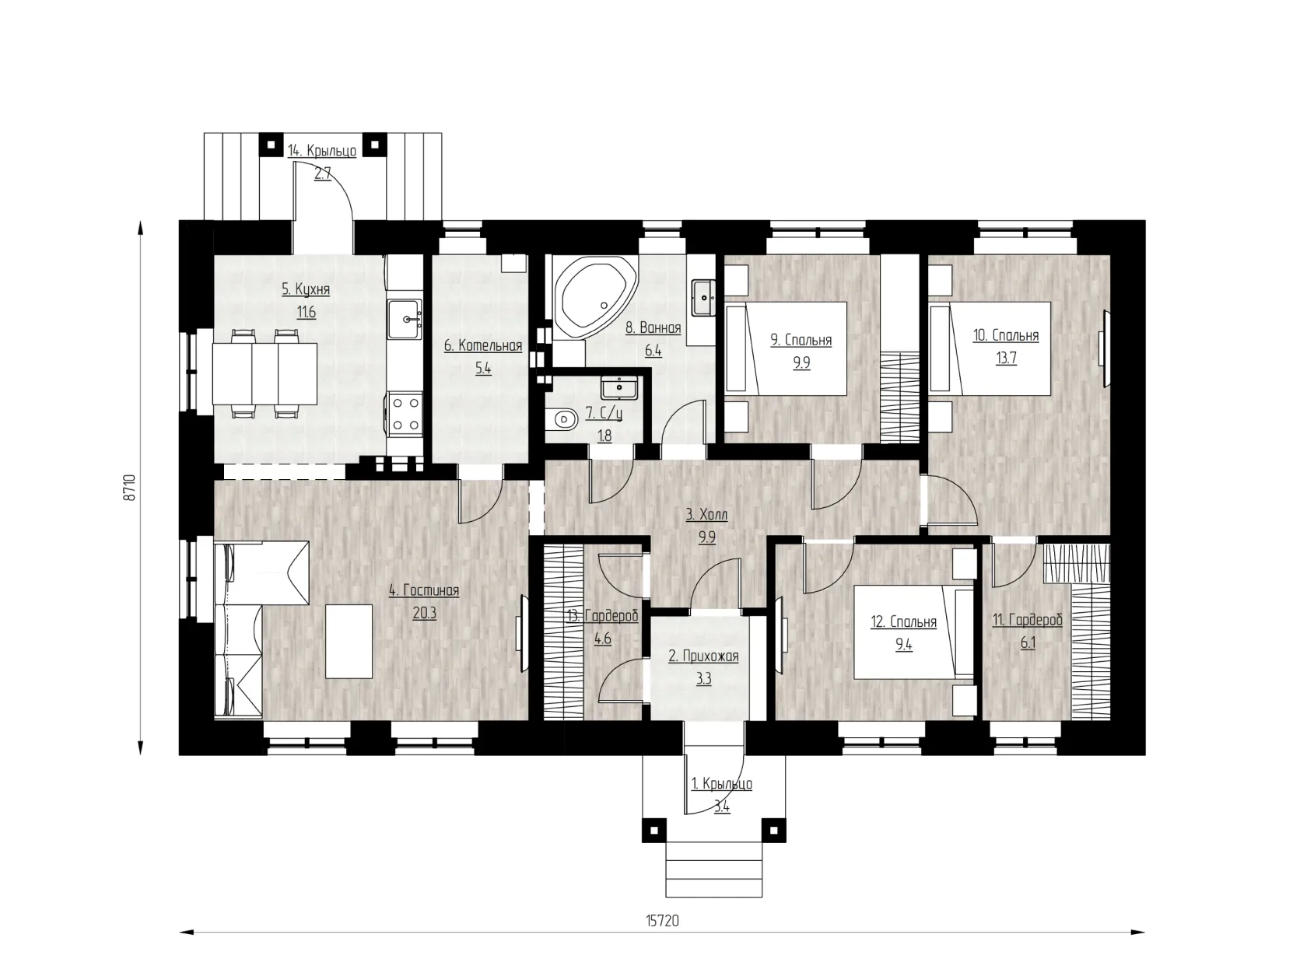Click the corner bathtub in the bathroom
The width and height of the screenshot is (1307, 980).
594,299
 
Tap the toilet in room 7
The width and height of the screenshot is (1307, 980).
562,419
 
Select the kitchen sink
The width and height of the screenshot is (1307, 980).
405,318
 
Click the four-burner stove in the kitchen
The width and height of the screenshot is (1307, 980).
405,414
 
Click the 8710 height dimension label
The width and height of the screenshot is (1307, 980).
129,488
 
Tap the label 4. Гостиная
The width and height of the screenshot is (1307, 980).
424,590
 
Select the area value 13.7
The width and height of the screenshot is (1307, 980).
1006,359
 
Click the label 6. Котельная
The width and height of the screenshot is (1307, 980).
483,345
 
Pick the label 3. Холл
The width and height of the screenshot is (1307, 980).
707,515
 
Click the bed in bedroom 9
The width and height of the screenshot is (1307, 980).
786,348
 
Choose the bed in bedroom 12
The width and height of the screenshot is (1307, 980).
914,632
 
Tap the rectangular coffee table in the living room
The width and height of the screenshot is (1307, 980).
349,641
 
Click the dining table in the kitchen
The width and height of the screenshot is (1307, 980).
265,373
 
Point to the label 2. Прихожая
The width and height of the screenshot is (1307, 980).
703,656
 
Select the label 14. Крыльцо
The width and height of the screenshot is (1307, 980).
322,151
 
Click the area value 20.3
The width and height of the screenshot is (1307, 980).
425,613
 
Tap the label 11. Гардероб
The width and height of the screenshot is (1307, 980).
1027,620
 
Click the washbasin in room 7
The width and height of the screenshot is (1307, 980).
619,387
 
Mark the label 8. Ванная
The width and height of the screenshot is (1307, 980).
653,328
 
